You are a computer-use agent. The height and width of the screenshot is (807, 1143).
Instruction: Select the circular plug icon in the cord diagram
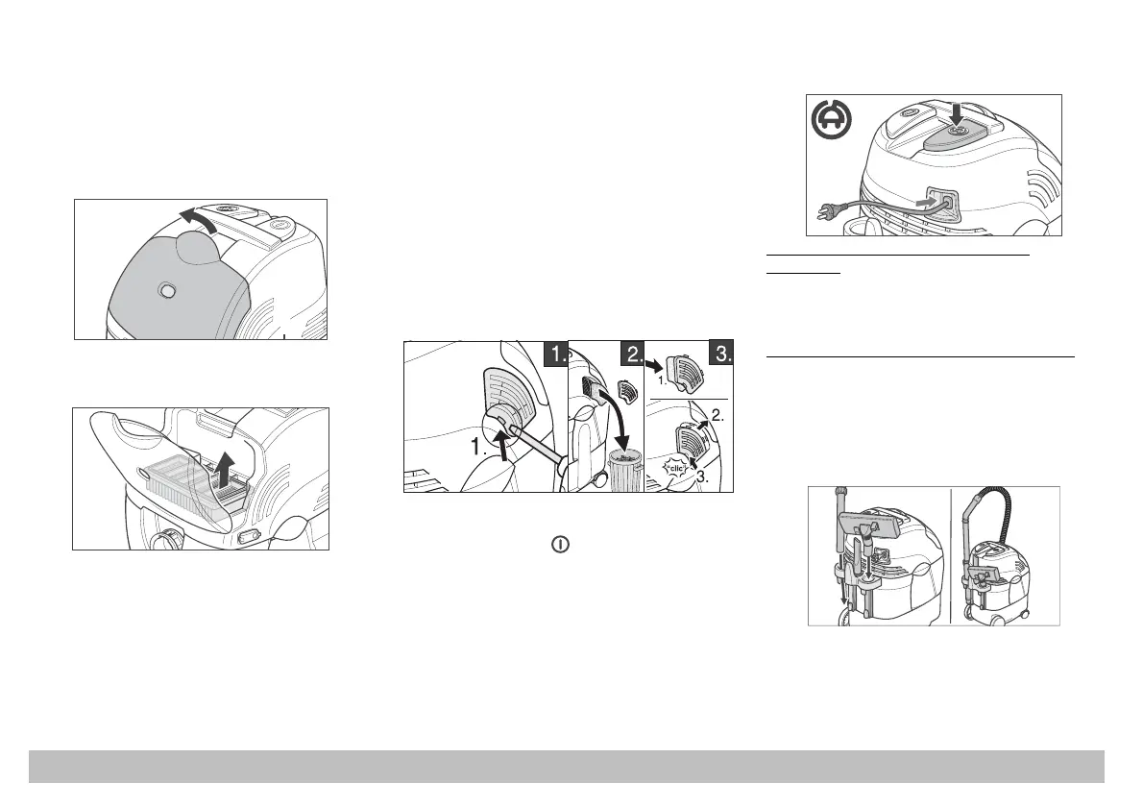click(x=830, y=120)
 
